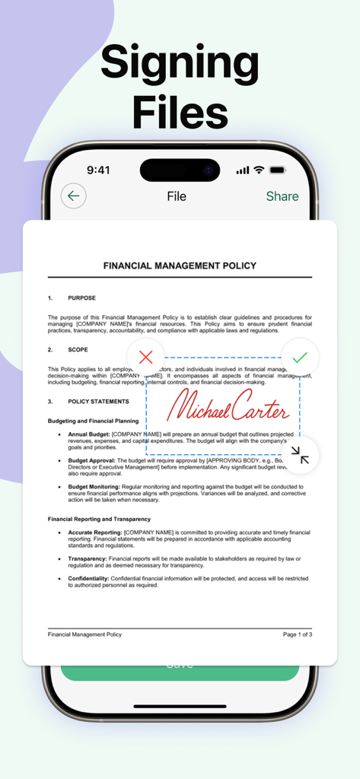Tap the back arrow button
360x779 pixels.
[x=73, y=196]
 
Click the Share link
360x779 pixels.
[x=282, y=196]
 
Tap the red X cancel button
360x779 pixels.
[x=146, y=357]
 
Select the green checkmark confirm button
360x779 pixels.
[x=300, y=357]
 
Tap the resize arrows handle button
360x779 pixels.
[x=300, y=456]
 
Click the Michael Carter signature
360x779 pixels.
[x=228, y=406]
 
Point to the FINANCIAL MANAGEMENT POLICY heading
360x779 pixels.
[x=180, y=265]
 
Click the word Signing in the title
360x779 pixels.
[x=180, y=62]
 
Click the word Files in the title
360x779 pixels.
[x=180, y=113]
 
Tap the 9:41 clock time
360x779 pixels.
[x=98, y=170]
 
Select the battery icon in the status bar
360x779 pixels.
[x=278, y=170]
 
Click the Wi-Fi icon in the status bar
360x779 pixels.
[x=259, y=170]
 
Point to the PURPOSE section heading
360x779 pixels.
[x=81, y=298]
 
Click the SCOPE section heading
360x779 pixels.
[x=78, y=350]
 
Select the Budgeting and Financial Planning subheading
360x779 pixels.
[x=93, y=421]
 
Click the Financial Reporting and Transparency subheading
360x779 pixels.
[x=99, y=519]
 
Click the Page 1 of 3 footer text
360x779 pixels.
[x=298, y=634]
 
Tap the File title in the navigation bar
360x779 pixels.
[x=177, y=196]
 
